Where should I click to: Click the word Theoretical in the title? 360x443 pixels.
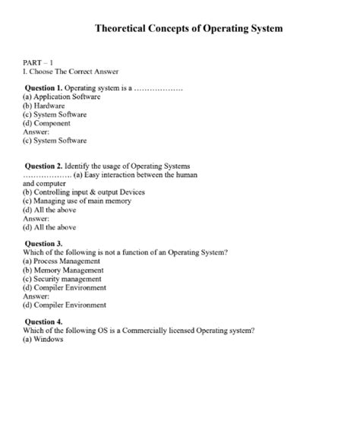[125, 29]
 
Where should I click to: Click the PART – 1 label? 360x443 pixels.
[37, 61]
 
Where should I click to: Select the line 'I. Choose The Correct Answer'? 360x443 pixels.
[65, 71]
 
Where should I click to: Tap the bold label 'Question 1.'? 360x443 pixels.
[44, 89]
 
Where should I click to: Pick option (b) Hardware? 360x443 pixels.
[43, 106]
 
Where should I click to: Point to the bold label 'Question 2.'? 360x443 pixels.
[44, 166]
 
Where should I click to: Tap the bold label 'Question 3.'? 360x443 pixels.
[44, 243]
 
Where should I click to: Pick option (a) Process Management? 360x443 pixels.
[62, 261]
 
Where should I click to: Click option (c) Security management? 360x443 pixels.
[60, 279]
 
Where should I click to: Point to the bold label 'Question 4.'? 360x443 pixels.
[44, 321]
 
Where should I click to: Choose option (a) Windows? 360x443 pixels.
[43, 339]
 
